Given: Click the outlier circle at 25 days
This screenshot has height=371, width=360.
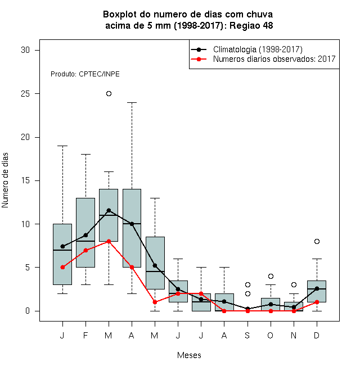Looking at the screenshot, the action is tap(109, 94).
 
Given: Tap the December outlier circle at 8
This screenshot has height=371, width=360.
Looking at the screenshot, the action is tap(317, 241).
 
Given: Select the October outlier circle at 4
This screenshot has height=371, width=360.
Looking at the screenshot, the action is tap(271, 276).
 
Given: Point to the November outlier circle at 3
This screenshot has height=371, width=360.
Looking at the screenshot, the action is tap(294, 284).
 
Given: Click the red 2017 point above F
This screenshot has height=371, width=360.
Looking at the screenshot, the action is tap(85, 250).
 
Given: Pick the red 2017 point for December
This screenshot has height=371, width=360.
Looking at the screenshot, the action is tap(317, 302).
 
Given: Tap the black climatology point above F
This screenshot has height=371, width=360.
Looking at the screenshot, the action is tap(85, 235).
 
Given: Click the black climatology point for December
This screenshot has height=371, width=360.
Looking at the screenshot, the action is tap(317, 288).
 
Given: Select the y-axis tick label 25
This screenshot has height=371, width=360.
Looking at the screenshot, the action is tap(25, 94).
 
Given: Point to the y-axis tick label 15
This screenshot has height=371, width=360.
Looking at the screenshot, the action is tap(25, 181).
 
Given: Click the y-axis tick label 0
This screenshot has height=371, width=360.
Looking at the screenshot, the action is tap(28, 311).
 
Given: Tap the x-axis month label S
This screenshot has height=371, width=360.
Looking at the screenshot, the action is tap(247, 336).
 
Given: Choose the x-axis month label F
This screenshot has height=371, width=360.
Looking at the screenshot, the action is tap(85, 336).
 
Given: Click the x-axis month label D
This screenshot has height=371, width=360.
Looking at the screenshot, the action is tap(317, 336).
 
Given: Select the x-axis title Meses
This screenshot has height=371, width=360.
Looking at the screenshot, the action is tap(189, 355).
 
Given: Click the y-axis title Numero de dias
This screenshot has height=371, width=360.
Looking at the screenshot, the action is tap(5, 180).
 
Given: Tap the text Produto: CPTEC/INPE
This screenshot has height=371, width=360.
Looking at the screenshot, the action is tap(85, 74).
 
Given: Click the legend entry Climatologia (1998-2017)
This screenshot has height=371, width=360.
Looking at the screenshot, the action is tap(258, 49).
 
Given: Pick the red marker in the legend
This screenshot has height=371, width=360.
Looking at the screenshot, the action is tap(199, 59).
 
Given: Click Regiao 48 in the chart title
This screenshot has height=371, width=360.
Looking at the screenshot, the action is tap(251, 25).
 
